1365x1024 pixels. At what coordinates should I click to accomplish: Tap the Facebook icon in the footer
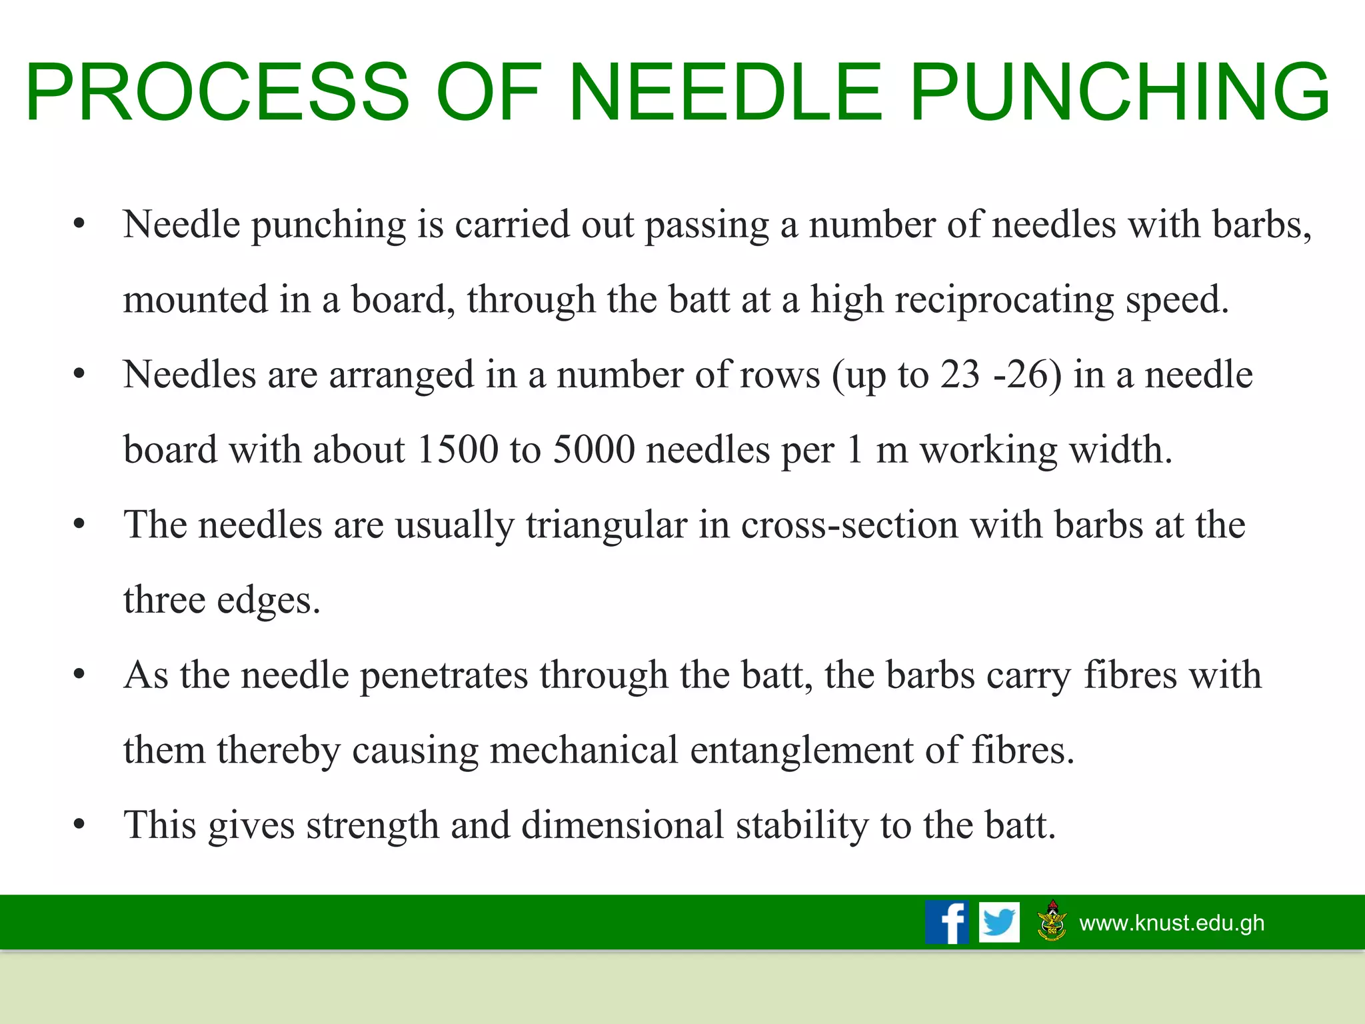point(946,922)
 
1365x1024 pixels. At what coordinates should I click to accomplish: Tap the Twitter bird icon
point(999,922)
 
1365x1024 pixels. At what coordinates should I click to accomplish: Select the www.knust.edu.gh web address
point(1172,923)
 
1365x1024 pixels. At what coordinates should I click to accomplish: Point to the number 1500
point(457,449)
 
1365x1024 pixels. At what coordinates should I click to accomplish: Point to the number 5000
point(594,449)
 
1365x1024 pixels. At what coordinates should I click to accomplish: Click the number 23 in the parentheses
point(960,375)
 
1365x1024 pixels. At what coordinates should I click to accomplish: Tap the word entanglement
point(801,750)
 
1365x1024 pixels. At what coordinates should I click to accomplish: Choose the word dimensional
point(623,825)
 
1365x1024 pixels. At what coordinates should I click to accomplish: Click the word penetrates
point(444,675)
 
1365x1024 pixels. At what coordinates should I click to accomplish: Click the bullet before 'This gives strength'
point(79,825)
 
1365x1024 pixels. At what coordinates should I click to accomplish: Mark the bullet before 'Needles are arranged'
point(79,375)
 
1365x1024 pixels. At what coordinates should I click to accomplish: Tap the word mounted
point(195,300)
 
